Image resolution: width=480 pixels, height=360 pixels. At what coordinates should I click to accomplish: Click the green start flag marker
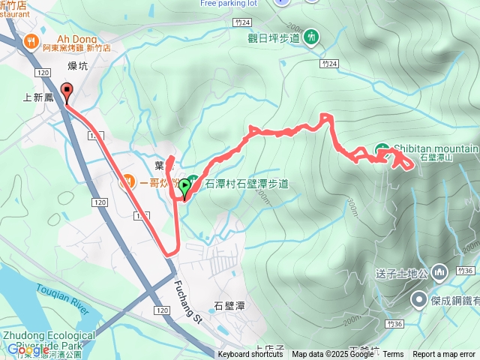[184, 186]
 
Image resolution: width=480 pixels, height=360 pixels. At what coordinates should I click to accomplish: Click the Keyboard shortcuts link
[250, 355]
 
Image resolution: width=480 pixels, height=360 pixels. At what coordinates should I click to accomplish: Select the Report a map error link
[444, 355]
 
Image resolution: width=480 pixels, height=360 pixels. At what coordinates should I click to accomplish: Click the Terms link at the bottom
[393, 355]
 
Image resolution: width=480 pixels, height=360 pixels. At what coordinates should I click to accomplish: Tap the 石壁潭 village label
[229, 306]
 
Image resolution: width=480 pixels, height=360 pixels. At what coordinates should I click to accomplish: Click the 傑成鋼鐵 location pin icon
[418, 300]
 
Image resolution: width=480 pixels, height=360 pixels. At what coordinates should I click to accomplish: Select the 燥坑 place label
[78, 66]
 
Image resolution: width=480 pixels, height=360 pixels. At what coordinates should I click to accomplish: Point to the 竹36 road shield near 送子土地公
[466, 271]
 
